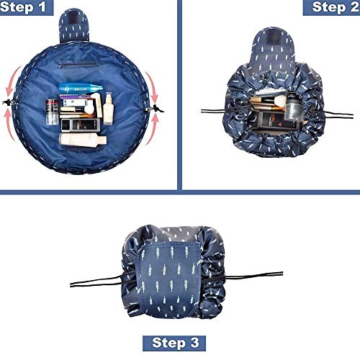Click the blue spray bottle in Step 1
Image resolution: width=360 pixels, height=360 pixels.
pyautogui.click(x=81, y=89)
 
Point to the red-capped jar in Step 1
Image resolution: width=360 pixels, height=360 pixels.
pyautogui.click(x=53, y=112)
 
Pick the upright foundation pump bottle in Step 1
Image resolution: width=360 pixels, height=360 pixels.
pyautogui.click(x=109, y=109)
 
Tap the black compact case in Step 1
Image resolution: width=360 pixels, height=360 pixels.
pyautogui.click(x=80, y=125)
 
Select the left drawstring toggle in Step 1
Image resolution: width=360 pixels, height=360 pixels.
pyautogui.click(x=9, y=102)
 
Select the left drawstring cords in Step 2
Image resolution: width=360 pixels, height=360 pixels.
pyautogui.click(x=213, y=112)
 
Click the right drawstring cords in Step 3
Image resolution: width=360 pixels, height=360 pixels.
pyautogui.click(x=253, y=276)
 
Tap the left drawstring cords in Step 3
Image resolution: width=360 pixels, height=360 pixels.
pyautogui.click(x=96, y=282)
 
